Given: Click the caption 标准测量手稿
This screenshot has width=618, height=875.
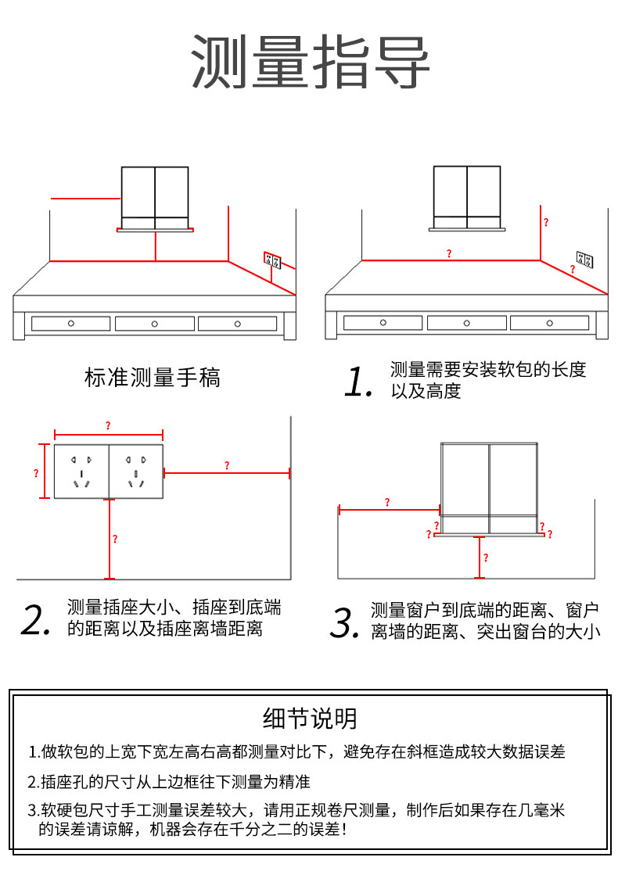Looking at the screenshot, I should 153,378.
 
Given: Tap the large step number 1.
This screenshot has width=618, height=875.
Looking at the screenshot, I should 358,381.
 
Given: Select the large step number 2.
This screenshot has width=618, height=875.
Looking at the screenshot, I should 36,619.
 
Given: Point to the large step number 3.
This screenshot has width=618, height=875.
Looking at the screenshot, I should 343,622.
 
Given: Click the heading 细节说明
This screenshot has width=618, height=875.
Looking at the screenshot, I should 310,718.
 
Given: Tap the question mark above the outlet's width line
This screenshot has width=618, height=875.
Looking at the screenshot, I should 108,425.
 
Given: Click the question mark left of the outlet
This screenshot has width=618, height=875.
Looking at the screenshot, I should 36,473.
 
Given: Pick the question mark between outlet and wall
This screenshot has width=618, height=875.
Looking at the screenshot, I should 227,465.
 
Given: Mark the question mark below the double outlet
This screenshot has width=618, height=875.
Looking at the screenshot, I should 115,539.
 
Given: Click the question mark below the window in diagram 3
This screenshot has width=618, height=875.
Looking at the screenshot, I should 486,558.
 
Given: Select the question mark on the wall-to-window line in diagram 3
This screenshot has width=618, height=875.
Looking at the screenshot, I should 387,502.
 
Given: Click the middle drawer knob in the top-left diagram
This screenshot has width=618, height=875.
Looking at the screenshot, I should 154,323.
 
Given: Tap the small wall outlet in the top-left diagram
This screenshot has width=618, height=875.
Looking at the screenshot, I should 272,259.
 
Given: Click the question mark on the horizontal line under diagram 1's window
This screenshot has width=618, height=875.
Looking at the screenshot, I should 449,253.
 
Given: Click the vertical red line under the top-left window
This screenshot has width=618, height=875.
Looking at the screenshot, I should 156,246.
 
